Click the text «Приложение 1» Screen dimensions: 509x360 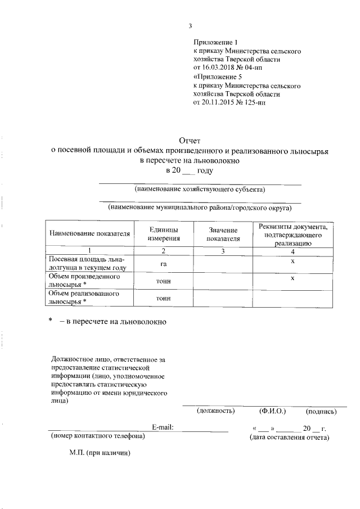click(216, 42)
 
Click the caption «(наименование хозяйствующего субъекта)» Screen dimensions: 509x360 click(200, 189)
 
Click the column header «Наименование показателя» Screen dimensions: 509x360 click(89, 233)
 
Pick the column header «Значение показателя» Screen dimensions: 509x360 click(223, 234)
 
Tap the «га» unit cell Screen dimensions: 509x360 click(163, 263)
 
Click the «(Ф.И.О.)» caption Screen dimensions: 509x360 click(272, 411)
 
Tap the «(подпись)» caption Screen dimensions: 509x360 click(321, 411)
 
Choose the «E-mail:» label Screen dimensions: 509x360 click(162, 427)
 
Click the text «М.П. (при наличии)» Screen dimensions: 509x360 click(100, 452)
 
